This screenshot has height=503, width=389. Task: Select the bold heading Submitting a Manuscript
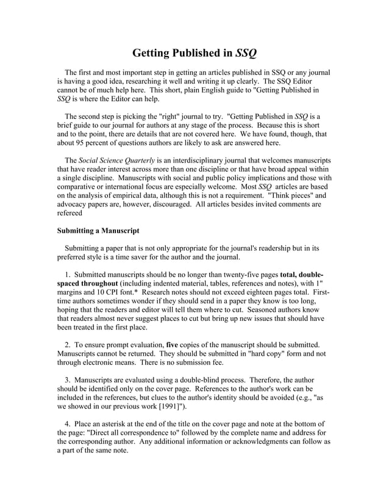click(x=98, y=231)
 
